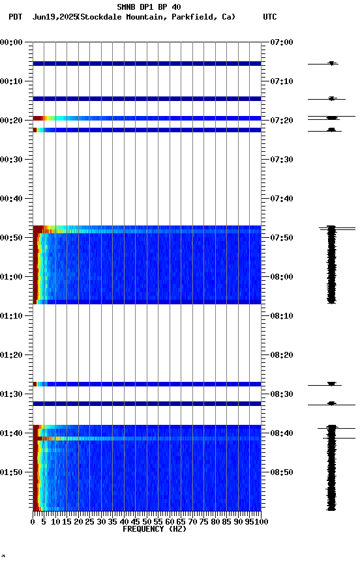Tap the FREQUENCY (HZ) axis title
(x=154, y=529)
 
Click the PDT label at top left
(x=15, y=17)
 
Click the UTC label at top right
(x=270, y=17)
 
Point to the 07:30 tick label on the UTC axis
(x=281, y=160)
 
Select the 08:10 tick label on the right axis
(x=281, y=316)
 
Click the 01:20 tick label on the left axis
(x=12, y=355)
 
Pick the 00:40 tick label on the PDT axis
(x=12, y=199)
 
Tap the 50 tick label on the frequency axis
(x=147, y=521)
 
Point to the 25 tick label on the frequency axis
(x=90, y=521)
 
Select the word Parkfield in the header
(x=192, y=17)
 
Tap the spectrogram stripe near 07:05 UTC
(x=147, y=64)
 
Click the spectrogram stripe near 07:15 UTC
(x=147, y=99)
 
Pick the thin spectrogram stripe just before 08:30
(x=147, y=384)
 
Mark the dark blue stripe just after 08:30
(x=147, y=404)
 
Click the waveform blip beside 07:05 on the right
(x=332, y=64)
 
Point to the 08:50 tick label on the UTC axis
(x=281, y=472)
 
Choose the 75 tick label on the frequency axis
(x=204, y=521)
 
